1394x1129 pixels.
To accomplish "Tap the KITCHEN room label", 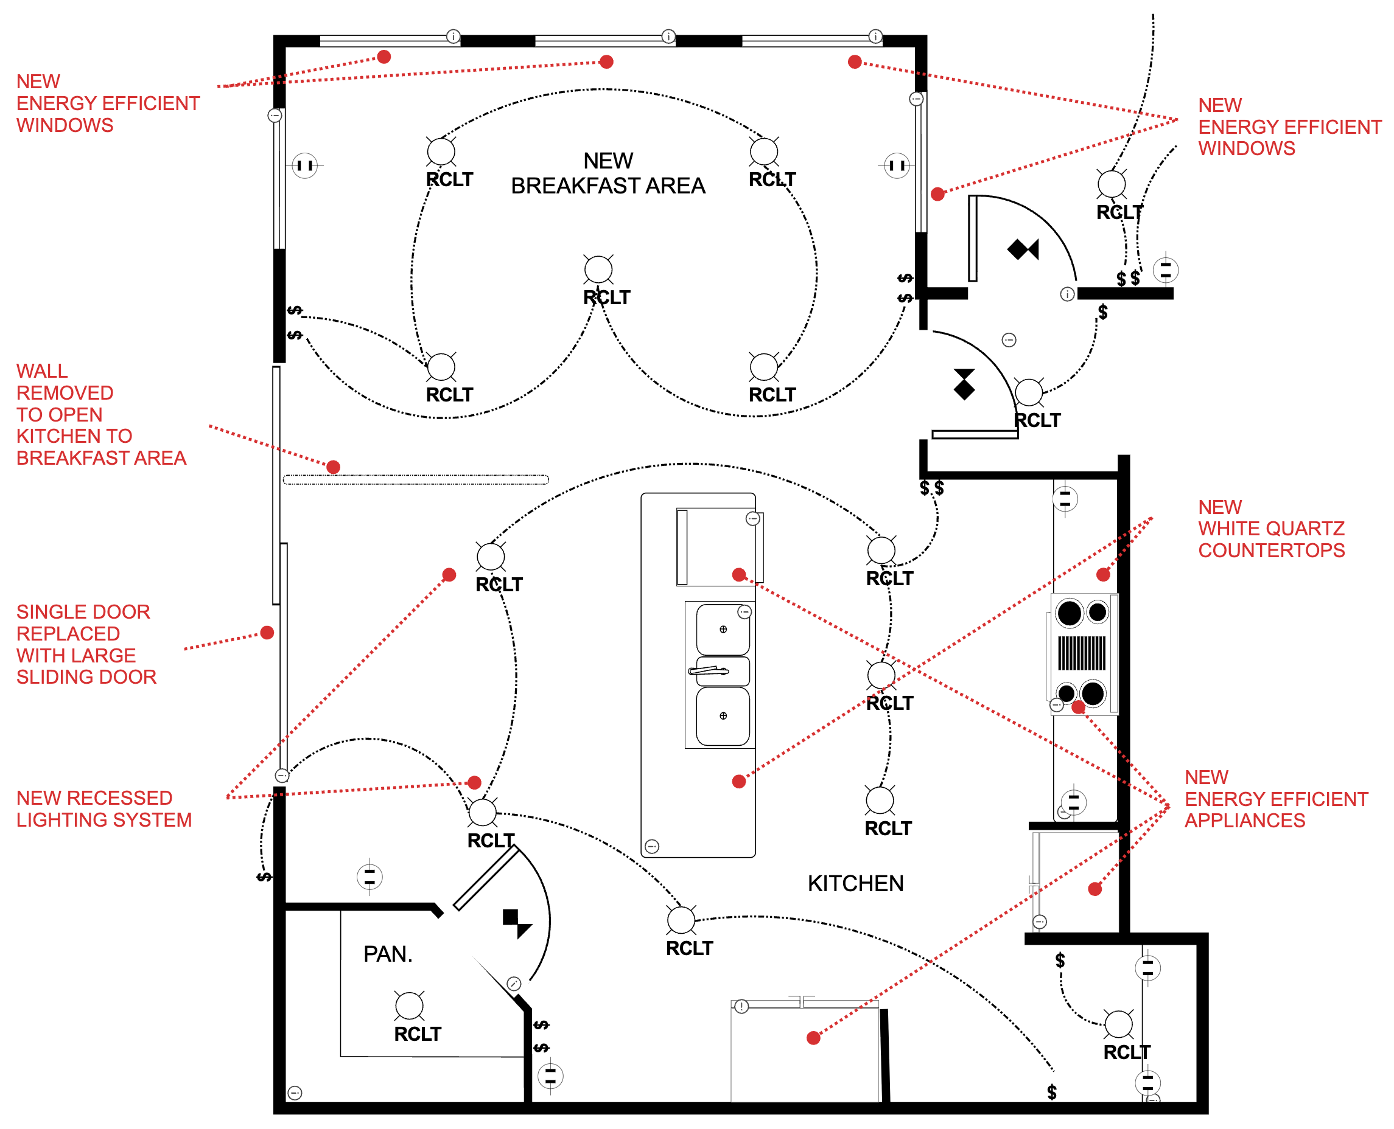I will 855,883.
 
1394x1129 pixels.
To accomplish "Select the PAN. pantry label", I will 387,953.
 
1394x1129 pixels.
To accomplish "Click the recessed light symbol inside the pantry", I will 408,1006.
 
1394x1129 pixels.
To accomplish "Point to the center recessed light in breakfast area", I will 597,269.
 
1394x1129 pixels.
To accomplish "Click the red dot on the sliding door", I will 267,632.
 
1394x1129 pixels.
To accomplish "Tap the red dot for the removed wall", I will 333,467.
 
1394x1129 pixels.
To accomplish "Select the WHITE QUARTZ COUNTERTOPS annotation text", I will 1270,528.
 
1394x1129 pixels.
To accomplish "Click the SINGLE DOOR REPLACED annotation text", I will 86,644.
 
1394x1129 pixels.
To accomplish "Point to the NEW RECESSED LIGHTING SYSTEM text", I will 103,808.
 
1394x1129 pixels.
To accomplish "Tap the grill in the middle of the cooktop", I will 1081,652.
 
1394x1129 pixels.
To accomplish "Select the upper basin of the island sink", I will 723,629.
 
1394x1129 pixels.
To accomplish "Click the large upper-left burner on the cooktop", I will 1068,613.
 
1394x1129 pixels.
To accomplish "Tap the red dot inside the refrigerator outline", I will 813,1037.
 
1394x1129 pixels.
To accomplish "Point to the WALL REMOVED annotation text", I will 101,414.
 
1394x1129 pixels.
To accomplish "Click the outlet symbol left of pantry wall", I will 370,876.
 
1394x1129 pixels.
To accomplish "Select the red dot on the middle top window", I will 606,62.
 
